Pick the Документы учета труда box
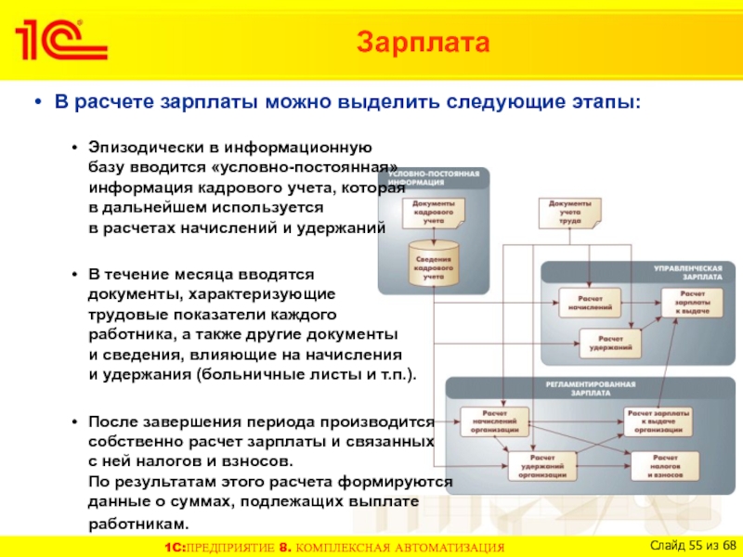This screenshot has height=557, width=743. (x=569, y=212)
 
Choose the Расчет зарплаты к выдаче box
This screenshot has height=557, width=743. (x=692, y=302)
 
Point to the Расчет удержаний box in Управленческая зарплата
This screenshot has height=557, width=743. (x=608, y=343)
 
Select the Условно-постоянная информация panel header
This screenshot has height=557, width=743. (x=434, y=177)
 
